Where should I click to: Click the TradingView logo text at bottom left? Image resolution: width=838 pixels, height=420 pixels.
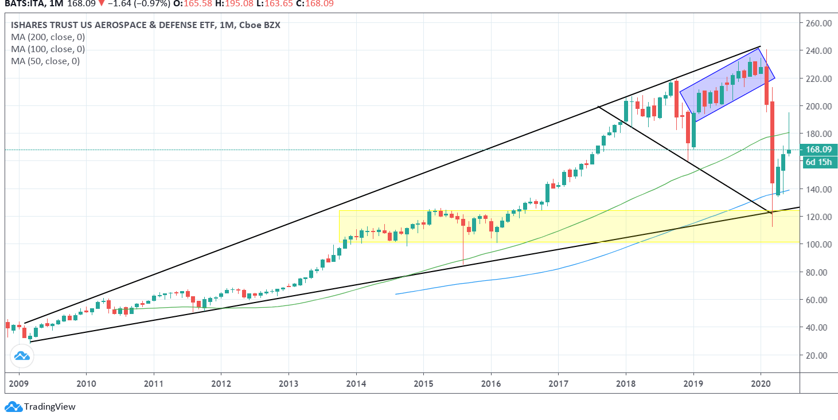click(49, 407)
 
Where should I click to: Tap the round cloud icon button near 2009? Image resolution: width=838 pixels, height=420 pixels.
click(22, 356)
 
